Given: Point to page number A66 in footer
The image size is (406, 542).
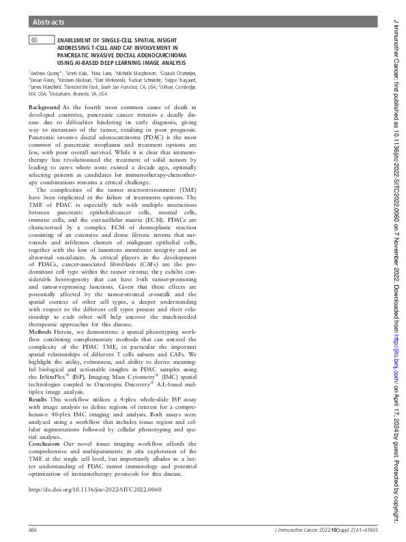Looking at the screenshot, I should [x=33, y=529].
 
